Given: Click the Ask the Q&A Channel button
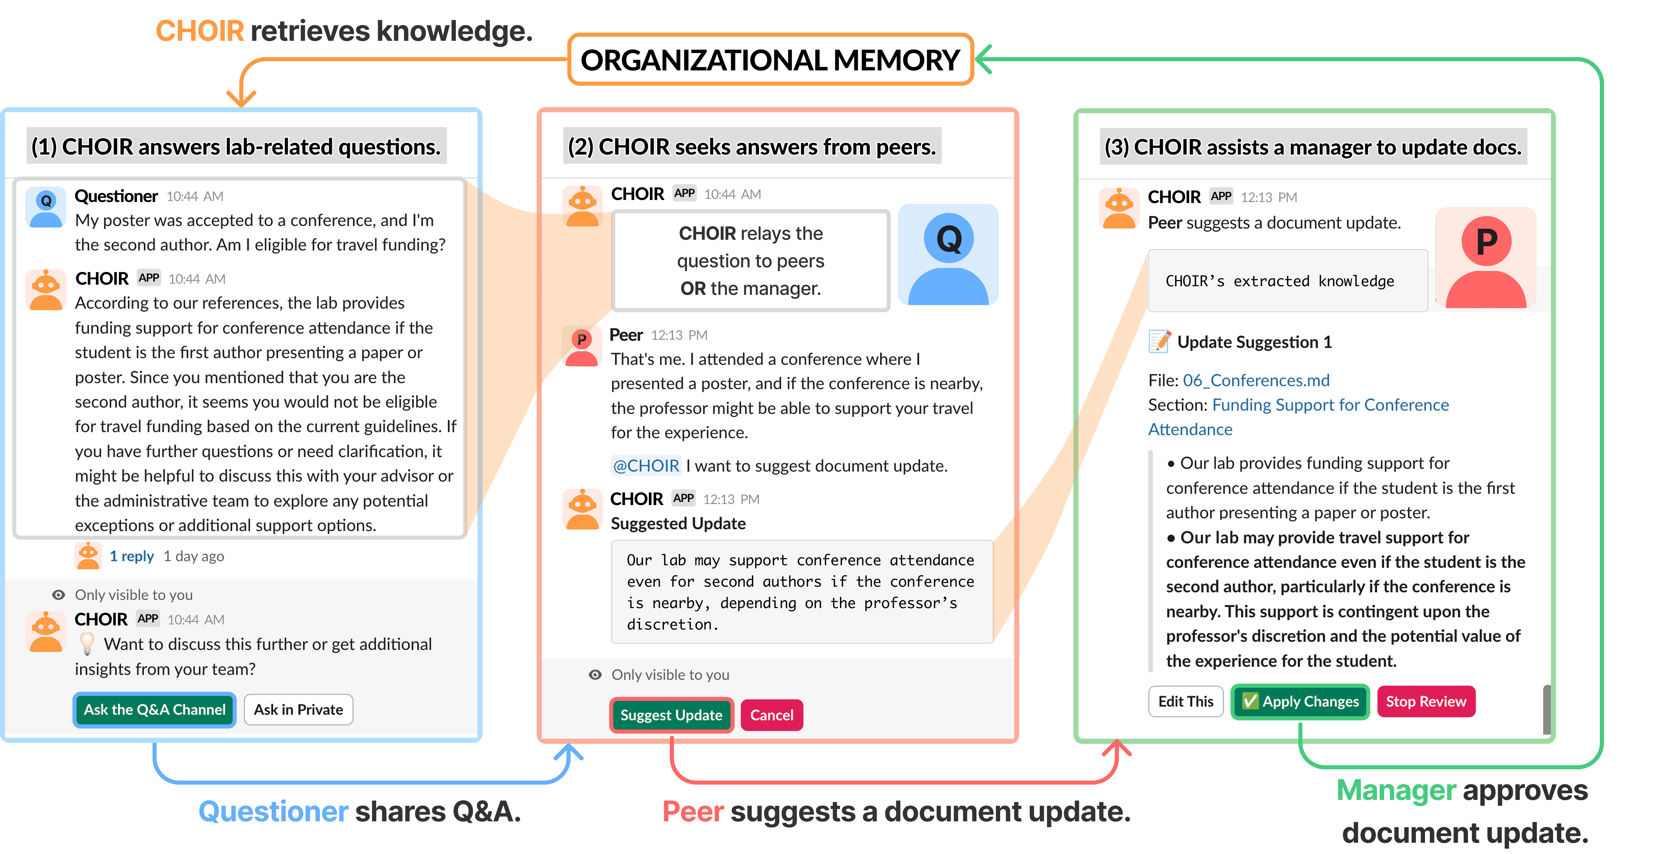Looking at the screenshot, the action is [154, 709].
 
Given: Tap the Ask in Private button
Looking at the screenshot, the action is [298, 709].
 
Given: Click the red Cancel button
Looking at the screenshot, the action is [772, 715].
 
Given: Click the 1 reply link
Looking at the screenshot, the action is [132, 556].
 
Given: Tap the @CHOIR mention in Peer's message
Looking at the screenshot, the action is [646, 466].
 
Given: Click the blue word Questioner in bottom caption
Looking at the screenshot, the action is [273, 812].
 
